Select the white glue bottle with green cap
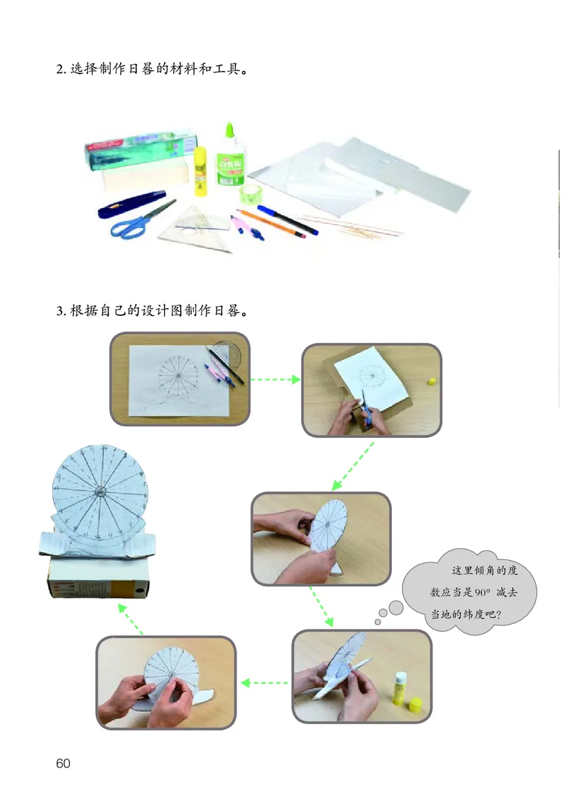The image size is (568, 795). [230, 159]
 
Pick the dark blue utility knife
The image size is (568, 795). [131, 204]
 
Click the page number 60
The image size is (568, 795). [62, 764]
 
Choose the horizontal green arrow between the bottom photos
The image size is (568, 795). [263, 683]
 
